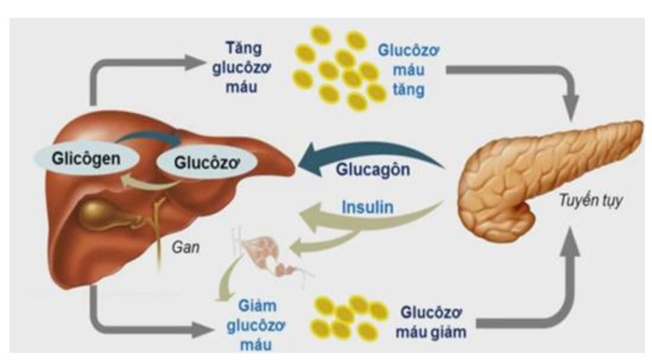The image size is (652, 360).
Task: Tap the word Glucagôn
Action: (373, 171)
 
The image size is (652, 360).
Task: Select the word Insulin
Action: (368, 208)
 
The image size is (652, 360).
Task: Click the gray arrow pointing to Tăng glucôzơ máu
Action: (191, 62)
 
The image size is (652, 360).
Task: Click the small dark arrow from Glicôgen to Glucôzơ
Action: (153, 136)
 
